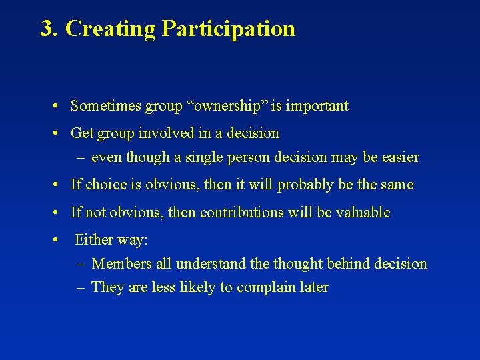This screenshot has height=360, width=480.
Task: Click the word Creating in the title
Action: (x=111, y=29)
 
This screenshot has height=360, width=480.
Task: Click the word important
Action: (x=318, y=105)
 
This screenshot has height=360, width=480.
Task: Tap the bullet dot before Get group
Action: (x=59, y=133)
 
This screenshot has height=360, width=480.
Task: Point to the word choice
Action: (x=105, y=185)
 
